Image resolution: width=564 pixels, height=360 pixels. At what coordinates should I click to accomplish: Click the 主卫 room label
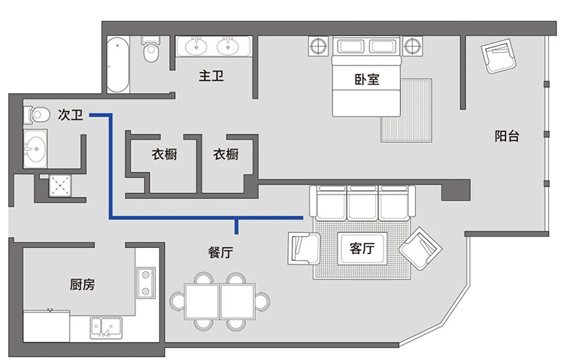click(x=211, y=76)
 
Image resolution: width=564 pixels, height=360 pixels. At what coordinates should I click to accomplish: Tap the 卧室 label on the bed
click(x=367, y=80)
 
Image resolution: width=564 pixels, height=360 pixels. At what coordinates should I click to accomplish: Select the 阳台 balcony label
click(x=507, y=136)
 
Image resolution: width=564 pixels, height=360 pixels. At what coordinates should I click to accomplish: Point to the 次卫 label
click(x=71, y=115)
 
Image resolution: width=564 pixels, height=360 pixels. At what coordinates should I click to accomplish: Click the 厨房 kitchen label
click(x=83, y=285)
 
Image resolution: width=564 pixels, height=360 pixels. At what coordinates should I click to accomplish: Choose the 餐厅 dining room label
click(x=220, y=252)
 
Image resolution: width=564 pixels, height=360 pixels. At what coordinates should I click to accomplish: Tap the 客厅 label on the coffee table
click(x=362, y=248)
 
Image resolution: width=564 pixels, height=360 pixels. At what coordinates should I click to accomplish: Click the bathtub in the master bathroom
click(x=117, y=65)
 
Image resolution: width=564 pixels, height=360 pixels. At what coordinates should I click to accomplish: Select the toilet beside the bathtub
click(x=150, y=50)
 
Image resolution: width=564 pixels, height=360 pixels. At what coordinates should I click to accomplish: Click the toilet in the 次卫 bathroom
click(x=37, y=115)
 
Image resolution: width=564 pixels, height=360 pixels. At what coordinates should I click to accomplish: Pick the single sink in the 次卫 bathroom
click(x=35, y=149)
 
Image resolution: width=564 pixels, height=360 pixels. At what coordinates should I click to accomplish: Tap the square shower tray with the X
click(x=60, y=186)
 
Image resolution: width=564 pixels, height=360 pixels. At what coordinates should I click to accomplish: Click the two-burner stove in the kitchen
click(x=146, y=283)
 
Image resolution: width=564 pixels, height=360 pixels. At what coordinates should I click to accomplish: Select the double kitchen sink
click(x=106, y=327)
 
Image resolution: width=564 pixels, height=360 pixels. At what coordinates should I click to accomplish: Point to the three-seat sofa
click(x=362, y=202)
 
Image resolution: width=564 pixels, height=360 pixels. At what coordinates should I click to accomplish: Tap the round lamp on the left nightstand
click(x=318, y=46)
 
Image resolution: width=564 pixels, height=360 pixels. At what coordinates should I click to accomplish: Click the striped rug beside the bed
click(x=406, y=110)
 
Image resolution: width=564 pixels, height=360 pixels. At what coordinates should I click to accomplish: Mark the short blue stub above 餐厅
click(x=236, y=226)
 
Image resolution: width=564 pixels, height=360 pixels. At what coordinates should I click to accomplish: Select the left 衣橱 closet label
click(x=165, y=154)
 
